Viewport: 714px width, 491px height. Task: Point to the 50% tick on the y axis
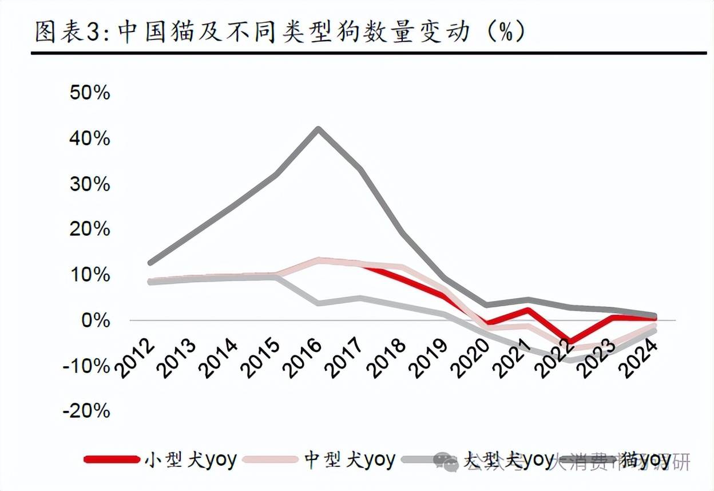pyautogui.click(x=90, y=93)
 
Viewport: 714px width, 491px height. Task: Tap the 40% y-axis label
pyautogui.click(x=90, y=138)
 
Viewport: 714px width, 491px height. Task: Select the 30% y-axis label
pyautogui.click(x=90, y=184)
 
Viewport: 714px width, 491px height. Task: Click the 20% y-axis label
pyautogui.click(x=90, y=229)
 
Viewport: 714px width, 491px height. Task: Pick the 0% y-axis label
pyautogui.click(x=96, y=320)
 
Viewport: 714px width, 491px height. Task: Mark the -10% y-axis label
pyautogui.click(x=87, y=366)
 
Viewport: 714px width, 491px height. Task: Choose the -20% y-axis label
pyautogui.click(x=87, y=411)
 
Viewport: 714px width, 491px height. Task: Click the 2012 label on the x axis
pyautogui.click(x=136, y=358)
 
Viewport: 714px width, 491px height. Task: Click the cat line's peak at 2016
pyautogui.click(x=319, y=128)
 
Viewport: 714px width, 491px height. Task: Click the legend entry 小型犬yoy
pyautogui.click(x=191, y=460)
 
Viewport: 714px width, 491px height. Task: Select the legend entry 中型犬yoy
pyautogui.click(x=350, y=460)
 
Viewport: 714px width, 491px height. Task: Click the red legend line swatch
pyautogui.click(x=112, y=460)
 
